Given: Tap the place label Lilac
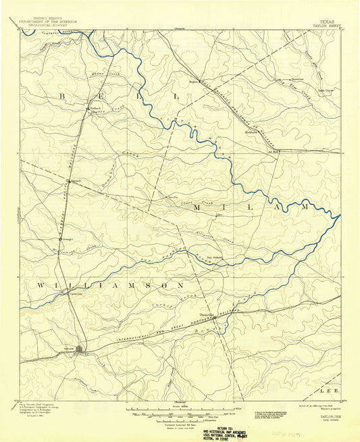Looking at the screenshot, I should tap(218, 215).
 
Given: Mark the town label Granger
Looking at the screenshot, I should tap(68, 239).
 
